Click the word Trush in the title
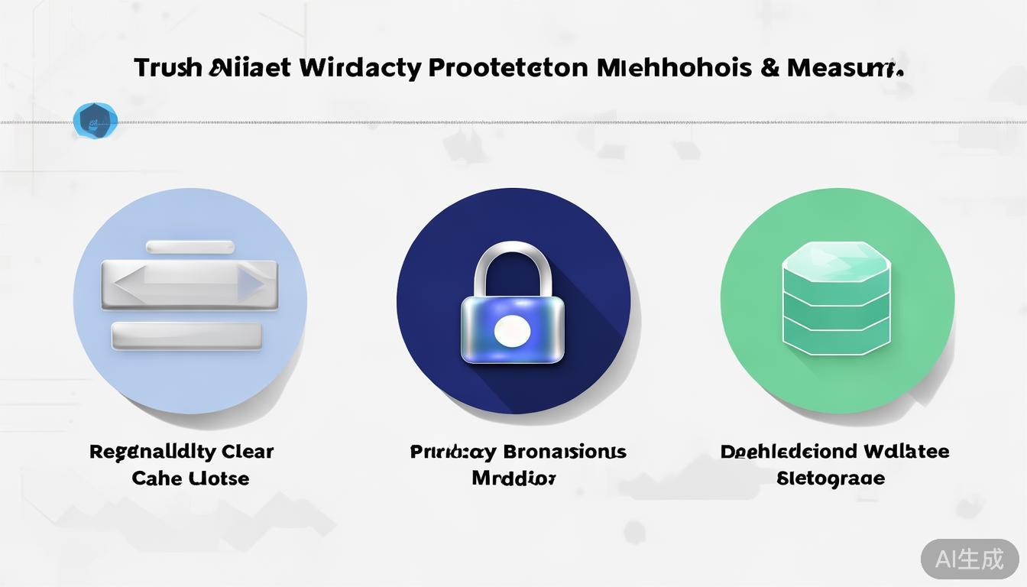pyautogui.click(x=167, y=68)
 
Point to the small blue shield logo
pyautogui.click(x=96, y=121)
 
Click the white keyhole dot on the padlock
pyautogui.click(x=512, y=331)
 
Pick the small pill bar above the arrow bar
pyautogui.click(x=190, y=247)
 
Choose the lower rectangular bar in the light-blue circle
pyautogui.click(x=187, y=336)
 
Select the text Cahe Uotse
pyautogui.click(x=190, y=478)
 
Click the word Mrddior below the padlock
pyautogui.click(x=513, y=478)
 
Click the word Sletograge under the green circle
pyautogui.click(x=831, y=478)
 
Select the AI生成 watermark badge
pyautogui.click(x=970, y=559)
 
